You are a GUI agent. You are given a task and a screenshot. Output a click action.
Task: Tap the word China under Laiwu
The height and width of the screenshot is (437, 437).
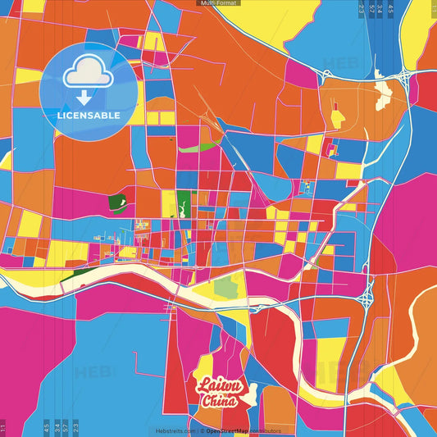219,402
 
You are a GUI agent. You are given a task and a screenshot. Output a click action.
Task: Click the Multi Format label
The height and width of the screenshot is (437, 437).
218,3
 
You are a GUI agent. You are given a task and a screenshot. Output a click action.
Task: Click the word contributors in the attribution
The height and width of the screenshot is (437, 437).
265,430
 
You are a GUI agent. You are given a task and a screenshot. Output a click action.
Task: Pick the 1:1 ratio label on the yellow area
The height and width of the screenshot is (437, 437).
432,8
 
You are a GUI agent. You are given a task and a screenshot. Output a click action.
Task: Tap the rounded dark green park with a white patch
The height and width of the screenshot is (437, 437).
118,202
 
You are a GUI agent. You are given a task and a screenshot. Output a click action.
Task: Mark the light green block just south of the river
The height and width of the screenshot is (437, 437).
225,287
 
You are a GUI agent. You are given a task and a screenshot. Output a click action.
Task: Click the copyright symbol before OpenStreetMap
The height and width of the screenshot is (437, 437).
201,430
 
